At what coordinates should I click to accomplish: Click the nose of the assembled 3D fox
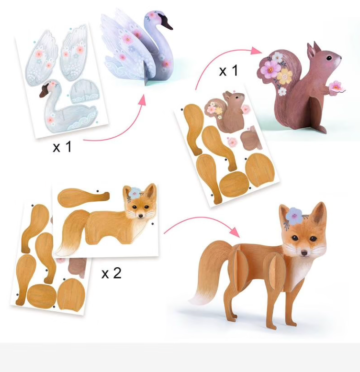coord(304,253)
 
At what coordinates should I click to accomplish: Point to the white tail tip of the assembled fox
coord(198,299)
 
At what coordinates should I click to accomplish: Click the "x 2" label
coord(112,273)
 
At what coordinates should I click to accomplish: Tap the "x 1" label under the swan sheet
coord(62,147)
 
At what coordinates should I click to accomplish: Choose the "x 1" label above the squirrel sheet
coord(228,70)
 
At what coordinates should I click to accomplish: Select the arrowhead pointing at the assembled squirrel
coord(257,51)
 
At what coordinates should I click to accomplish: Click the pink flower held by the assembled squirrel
coord(336,87)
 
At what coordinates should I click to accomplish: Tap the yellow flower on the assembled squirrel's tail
coord(284,76)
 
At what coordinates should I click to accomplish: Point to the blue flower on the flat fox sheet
coord(135,193)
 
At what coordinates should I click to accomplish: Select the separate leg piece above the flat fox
coord(83,196)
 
